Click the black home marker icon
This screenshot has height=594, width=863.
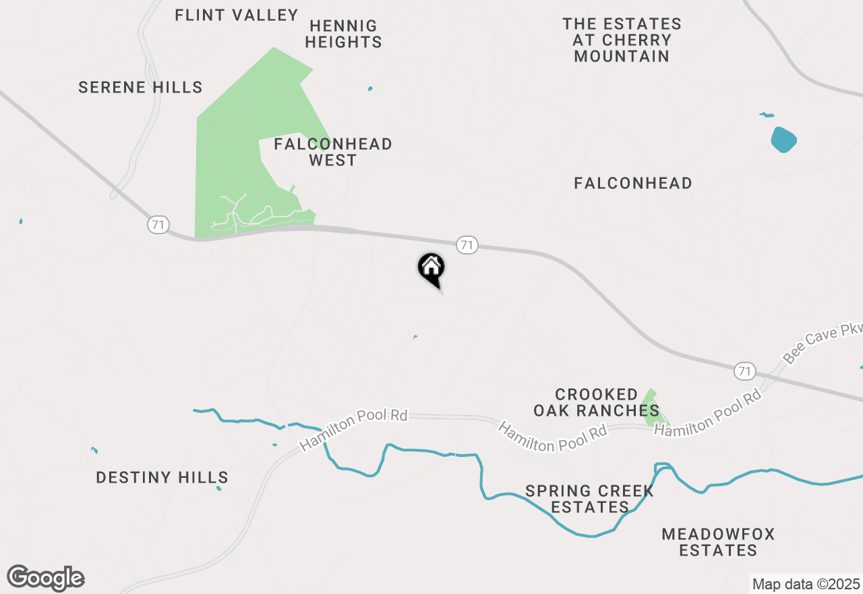click(431, 269)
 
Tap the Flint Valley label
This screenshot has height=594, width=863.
click(236, 15)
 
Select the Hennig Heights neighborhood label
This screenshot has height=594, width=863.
click(343, 34)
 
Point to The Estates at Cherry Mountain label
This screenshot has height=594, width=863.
click(622, 40)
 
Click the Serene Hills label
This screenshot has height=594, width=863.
click(140, 87)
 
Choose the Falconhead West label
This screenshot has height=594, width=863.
click(333, 152)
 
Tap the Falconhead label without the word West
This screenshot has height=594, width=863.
click(633, 183)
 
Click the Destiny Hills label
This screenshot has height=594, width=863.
click(162, 478)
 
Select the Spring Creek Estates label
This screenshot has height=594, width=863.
click(589, 500)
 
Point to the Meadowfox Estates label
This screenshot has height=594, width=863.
click(718, 543)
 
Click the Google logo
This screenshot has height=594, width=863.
click(46, 578)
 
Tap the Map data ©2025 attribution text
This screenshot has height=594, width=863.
click(806, 584)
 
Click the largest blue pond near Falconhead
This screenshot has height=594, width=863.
click(783, 140)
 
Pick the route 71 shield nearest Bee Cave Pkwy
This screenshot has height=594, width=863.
click(744, 371)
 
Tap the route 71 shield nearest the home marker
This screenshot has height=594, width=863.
click(467, 244)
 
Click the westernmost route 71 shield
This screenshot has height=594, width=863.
click(158, 225)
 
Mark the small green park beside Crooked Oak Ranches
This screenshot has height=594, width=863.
click(651, 407)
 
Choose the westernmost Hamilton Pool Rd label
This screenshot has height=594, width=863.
click(354, 430)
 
